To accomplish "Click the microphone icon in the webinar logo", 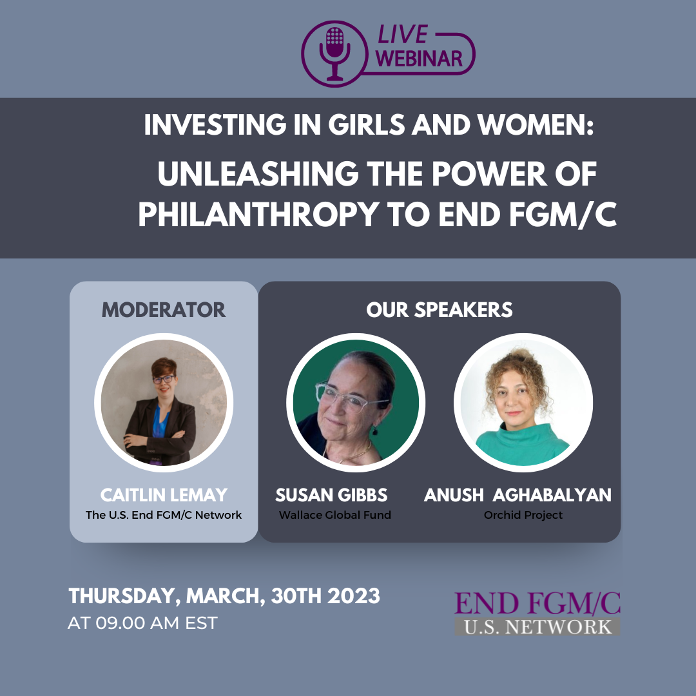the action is coord(334,53).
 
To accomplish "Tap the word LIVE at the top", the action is coord(403,35).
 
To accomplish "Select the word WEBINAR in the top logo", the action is coord(420,59).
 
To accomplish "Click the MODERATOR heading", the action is coord(164,310).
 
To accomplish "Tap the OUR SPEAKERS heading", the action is coord(440,310).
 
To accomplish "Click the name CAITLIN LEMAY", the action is coord(164,495).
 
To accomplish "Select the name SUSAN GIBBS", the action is coord(331,495).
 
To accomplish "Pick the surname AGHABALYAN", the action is coord(552,495).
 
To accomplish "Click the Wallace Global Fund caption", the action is coord(334,515).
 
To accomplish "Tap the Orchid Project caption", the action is coord(523,515).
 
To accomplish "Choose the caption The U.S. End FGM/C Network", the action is coord(164,515).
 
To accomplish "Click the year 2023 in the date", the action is coord(353,595).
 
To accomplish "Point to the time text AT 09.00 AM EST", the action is coord(142,623).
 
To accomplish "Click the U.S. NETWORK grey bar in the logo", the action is coord(537,626).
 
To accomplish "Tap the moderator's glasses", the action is coord(163,379).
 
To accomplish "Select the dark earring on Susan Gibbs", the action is coord(375,430).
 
